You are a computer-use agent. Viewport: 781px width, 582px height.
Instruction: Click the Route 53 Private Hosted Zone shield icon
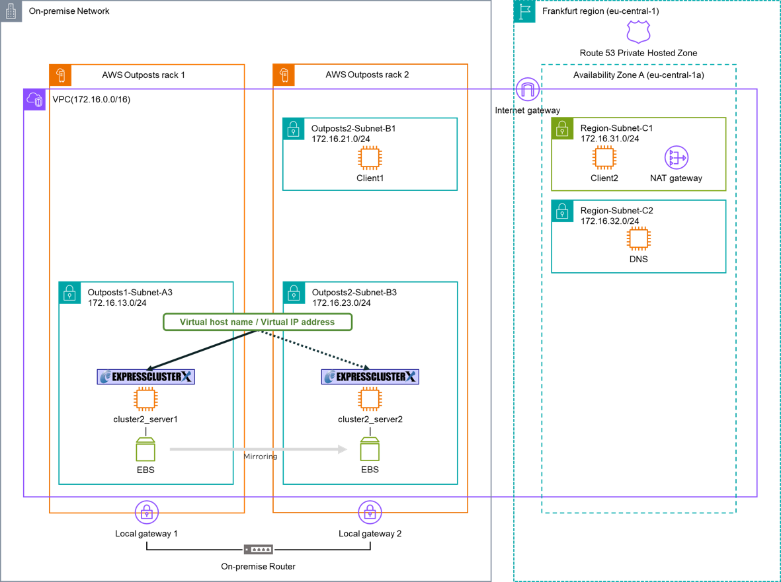[638, 32]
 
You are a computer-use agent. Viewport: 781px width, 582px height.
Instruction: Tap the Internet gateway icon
[528, 90]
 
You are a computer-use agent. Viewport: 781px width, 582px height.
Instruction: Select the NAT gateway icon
[676, 158]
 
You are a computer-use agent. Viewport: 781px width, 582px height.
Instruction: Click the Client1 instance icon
[370, 158]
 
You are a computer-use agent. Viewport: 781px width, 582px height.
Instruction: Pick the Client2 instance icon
[604, 158]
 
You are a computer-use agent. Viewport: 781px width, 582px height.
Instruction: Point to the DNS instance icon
[639, 238]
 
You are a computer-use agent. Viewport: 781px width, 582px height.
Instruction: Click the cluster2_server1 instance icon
[145, 399]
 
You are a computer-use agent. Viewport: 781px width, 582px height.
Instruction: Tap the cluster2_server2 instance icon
[370, 399]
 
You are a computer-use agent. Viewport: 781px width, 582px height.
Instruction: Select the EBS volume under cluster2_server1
[145, 449]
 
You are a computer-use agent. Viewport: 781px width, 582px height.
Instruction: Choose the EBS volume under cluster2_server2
[370, 449]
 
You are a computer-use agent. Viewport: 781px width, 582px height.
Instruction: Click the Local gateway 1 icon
[146, 513]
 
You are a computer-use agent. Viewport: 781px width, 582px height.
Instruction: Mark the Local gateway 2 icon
[370, 513]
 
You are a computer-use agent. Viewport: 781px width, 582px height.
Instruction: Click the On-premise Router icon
[258, 550]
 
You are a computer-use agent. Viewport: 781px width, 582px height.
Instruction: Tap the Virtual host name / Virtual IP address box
[257, 322]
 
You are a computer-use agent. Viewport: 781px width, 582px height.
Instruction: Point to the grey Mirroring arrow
[258, 450]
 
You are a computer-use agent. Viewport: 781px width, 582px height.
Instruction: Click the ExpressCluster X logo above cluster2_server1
[145, 377]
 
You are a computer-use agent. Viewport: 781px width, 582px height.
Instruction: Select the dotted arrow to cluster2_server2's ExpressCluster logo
[314, 349]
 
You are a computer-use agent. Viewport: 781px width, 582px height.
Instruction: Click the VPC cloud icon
[34, 100]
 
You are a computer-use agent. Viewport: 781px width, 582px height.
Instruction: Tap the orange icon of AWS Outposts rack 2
[284, 75]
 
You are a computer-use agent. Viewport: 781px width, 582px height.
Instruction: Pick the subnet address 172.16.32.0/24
[610, 221]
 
